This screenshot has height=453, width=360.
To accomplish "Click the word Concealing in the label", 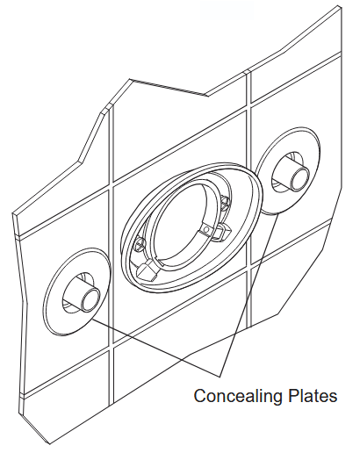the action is (239, 397).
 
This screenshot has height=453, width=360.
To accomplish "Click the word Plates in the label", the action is (313, 395).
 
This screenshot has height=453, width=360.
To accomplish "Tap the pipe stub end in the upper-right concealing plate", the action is (300, 176).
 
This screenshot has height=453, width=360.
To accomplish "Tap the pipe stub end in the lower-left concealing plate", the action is (91, 298).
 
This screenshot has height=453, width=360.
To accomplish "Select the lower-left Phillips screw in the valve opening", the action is (139, 244).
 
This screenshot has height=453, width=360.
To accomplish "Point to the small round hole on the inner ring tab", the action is (207, 229).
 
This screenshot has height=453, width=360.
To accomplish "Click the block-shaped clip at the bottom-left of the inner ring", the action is (148, 270).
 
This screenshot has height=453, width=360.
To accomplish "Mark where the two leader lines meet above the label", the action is (219, 376).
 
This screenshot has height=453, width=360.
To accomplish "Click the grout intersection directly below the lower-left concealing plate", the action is (112, 347).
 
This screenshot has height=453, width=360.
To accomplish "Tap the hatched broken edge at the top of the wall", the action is (168, 87).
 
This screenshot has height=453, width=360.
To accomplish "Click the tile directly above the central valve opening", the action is (178, 138).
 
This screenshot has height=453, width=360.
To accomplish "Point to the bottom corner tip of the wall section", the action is (50, 443).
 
